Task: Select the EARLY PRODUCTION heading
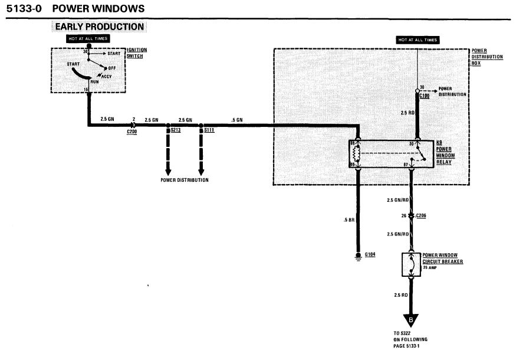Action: [x=99, y=27]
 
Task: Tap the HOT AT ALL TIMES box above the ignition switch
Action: [x=88, y=38]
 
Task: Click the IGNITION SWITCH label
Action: [x=137, y=53]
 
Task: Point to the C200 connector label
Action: [x=132, y=132]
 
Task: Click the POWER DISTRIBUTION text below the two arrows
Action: [x=185, y=180]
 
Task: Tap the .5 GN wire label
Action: [x=237, y=120]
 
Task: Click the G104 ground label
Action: [x=370, y=254]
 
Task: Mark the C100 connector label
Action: [x=424, y=94]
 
